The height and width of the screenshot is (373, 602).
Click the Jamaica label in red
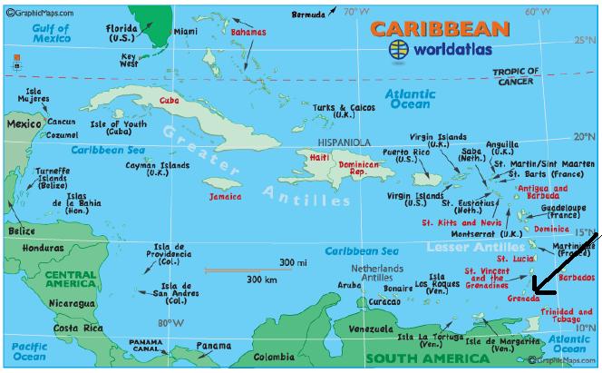225,196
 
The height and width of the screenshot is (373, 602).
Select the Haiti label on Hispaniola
320,157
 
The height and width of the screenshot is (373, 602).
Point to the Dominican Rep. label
358,169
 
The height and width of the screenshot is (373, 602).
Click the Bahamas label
248,32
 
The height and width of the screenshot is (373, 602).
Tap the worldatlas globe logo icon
397,49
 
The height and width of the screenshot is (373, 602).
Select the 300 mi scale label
293,262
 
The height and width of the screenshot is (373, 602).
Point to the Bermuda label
308,15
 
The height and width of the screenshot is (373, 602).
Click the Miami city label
185,32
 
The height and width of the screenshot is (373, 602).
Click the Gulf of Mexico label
51,34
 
